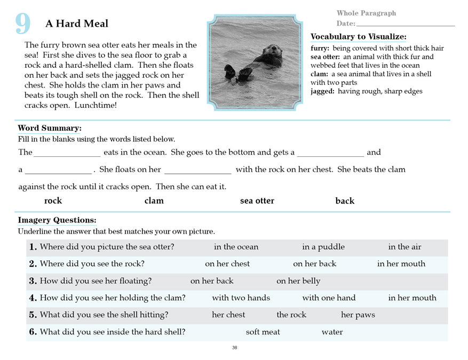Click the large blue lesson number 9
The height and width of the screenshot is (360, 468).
[x=23, y=23]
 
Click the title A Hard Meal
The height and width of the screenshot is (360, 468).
[x=77, y=23]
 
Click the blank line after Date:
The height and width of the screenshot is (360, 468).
[x=405, y=24]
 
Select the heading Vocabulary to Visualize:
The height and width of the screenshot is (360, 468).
[x=358, y=37]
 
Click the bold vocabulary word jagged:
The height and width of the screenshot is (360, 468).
[x=323, y=91]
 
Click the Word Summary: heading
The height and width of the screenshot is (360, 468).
[x=50, y=128]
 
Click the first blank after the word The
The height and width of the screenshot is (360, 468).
[x=67, y=153]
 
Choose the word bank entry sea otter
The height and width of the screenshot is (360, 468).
[x=257, y=201]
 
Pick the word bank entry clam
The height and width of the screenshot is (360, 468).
[x=154, y=201]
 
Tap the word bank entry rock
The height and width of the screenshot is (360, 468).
[x=53, y=201]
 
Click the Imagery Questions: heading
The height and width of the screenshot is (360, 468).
[x=57, y=220]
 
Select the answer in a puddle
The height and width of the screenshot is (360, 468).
[x=323, y=247]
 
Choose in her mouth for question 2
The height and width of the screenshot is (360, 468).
[x=401, y=264]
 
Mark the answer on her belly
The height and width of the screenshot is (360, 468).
[x=298, y=281]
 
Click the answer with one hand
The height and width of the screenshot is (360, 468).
[x=329, y=298]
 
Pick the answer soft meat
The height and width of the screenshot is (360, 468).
[x=263, y=332]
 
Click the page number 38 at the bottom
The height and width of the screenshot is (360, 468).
[x=235, y=348]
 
